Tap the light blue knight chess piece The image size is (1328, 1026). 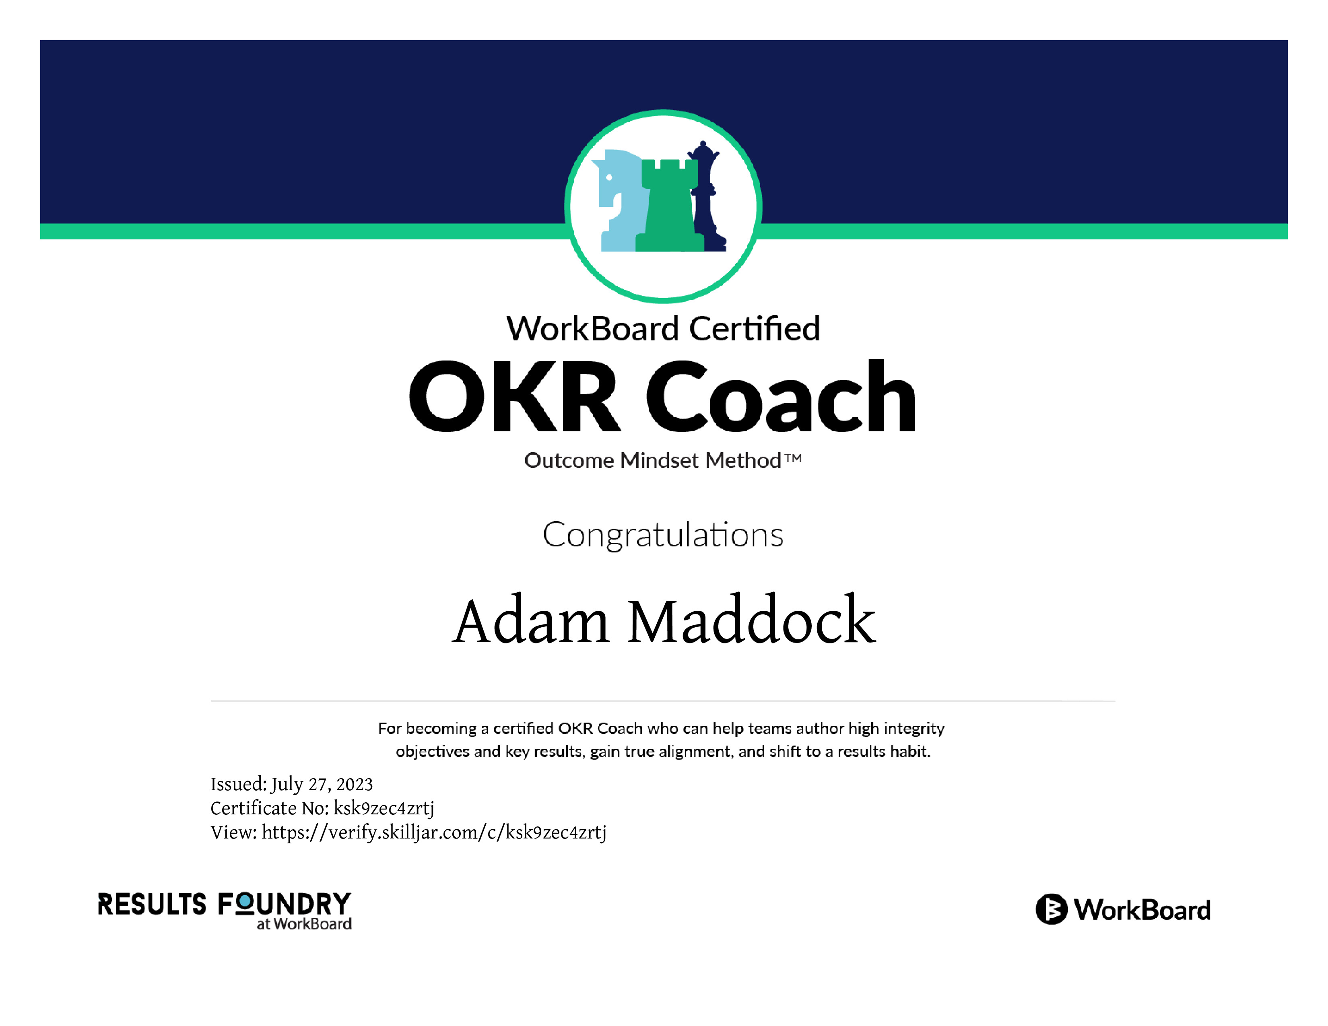[x=617, y=201]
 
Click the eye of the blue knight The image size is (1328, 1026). [x=608, y=177]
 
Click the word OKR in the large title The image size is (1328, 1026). [x=514, y=396]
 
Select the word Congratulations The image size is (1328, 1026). [x=663, y=535]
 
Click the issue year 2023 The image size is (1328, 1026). [x=355, y=785]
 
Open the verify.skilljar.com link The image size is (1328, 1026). [x=434, y=833]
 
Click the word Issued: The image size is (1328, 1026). [x=238, y=784]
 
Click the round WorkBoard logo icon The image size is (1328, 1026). [x=1051, y=909]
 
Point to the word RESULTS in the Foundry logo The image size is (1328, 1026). [x=152, y=904]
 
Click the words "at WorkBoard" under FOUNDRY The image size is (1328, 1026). [x=304, y=924]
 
